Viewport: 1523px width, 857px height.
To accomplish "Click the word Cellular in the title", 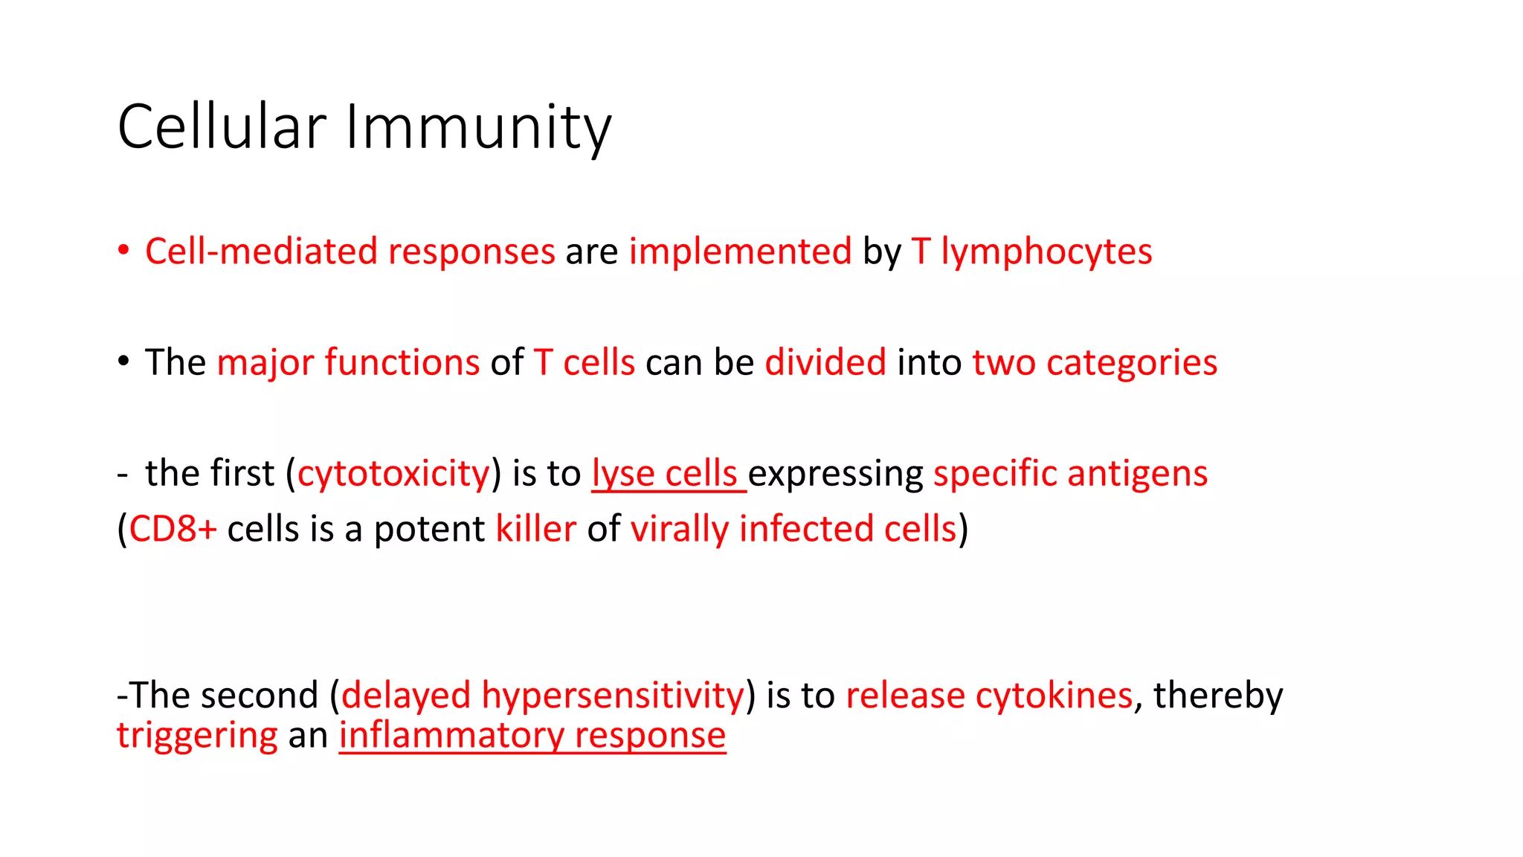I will click(x=222, y=127).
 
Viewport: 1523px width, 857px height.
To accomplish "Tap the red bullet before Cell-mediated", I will click(x=123, y=250).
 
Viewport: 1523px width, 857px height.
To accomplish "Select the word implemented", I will click(x=740, y=251).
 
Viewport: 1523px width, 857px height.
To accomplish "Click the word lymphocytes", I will click(x=1046, y=251).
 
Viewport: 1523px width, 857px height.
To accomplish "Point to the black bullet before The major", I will click(x=123, y=362).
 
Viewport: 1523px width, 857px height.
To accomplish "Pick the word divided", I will click(x=825, y=363).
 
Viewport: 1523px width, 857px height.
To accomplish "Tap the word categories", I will click(x=1131, y=363).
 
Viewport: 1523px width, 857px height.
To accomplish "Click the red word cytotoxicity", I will click(x=393, y=474).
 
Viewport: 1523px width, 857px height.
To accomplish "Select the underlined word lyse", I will click(x=623, y=474).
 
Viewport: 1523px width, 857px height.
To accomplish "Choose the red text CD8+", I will click(x=173, y=530).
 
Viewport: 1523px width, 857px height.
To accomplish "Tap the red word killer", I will click(x=535, y=530).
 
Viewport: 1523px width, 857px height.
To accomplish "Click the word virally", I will click(x=680, y=530).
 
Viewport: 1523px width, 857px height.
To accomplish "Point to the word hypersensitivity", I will click(x=613, y=696).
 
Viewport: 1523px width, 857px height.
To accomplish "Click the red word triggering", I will click(x=197, y=736).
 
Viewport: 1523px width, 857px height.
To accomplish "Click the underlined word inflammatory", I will click(x=451, y=736).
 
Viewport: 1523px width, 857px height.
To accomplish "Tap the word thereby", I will click(x=1218, y=696).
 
